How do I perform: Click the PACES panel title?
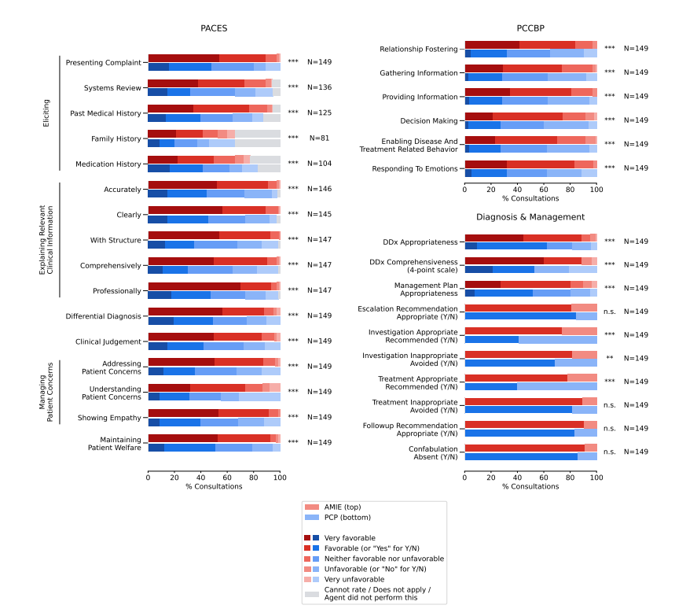tap(215, 28)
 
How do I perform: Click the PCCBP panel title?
tap(530, 28)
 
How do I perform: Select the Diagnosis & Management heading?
tap(530, 216)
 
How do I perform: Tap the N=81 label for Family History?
tap(319, 138)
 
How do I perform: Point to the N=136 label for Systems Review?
tap(319, 87)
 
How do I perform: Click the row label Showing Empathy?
tap(109, 418)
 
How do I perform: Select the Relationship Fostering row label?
tap(419, 49)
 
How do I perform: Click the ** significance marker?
tap(610, 359)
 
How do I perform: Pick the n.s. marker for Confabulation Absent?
tap(610, 452)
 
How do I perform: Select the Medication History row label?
tap(108, 164)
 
